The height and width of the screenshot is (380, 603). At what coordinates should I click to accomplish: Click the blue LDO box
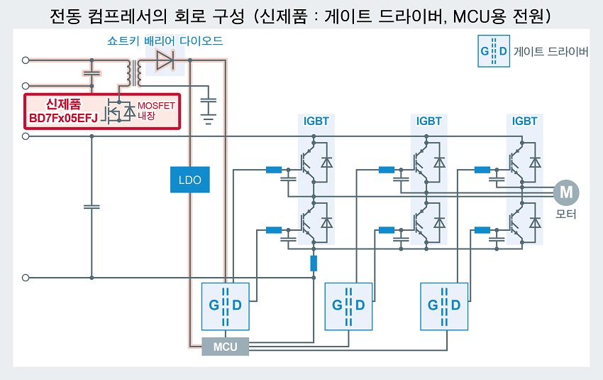point(190,180)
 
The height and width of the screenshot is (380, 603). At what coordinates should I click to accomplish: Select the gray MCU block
point(226,347)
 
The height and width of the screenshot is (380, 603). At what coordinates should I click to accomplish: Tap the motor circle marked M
point(566,192)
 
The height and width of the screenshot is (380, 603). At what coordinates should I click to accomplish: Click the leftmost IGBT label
point(316,121)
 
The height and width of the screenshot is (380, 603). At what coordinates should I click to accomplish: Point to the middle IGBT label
point(428,121)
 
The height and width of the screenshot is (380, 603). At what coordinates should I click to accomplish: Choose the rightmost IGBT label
point(524,121)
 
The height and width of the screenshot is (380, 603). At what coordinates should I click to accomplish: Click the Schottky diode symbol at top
point(165,60)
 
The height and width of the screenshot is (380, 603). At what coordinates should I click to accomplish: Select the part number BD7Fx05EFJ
point(63,118)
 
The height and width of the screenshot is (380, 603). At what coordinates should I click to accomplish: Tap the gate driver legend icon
point(494,51)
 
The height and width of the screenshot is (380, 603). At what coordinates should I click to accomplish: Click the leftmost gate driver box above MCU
point(226,306)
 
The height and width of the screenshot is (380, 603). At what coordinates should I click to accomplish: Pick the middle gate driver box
point(348,306)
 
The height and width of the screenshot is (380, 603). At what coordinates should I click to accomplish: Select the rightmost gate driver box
point(444,306)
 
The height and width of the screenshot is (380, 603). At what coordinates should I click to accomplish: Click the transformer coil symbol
point(133,72)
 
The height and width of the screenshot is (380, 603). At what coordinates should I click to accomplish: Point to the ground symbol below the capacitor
point(208,119)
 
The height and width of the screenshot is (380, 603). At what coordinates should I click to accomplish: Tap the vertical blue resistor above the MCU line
point(314,264)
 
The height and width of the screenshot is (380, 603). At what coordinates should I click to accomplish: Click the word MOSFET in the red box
point(156,106)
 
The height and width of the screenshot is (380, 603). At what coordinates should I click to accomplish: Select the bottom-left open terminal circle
point(26,278)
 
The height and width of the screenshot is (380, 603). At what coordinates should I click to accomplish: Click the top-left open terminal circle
point(26,60)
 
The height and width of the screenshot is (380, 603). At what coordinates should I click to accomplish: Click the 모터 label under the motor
point(565,214)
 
